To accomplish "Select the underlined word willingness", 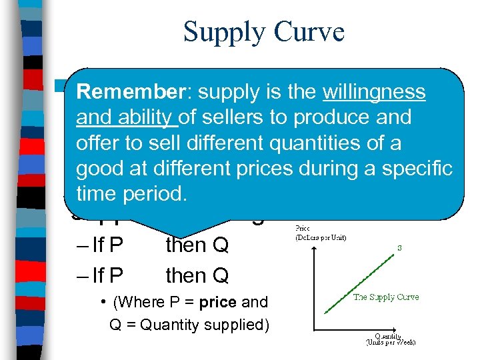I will [373, 92].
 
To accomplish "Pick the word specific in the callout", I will [419, 168].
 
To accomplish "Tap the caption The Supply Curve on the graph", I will [386, 297].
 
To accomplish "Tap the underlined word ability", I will [145, 117].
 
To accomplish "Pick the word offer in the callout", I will [95, 143].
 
